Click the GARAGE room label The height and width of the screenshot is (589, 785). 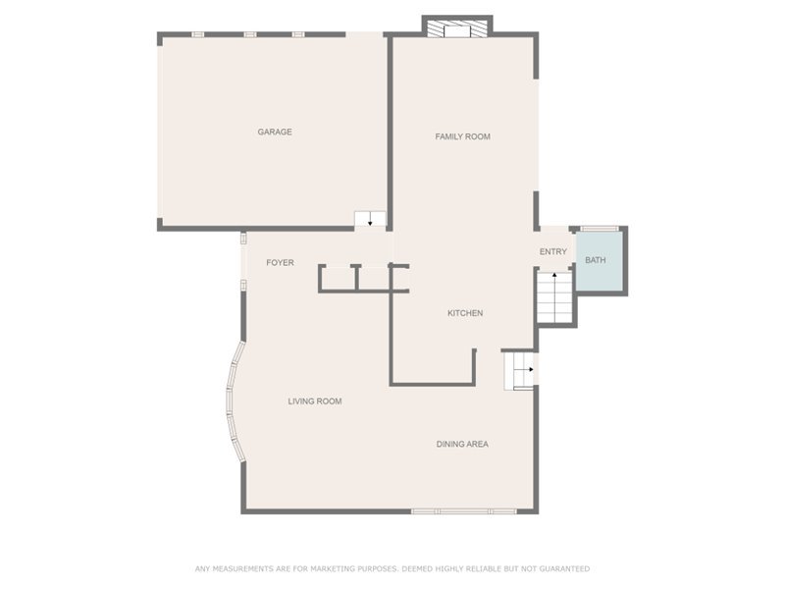[275, 132]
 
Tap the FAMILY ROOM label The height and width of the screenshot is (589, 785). [462, 136]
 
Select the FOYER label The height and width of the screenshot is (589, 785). [280, 262]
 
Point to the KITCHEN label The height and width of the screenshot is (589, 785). [465, 313]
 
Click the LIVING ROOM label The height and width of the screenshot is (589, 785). [314, 401]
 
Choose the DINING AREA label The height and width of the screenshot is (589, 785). [462, 444]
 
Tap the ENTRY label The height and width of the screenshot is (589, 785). [552, 251]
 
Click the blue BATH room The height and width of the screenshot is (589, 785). [599, 261]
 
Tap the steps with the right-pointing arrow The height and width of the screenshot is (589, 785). [520, 369]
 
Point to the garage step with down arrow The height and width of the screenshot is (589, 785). [370, 219]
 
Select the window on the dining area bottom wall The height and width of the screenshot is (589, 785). [463, 510]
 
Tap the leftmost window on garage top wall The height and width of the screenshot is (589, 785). [197, 34]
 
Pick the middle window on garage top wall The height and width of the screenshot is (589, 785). [249, 34]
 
